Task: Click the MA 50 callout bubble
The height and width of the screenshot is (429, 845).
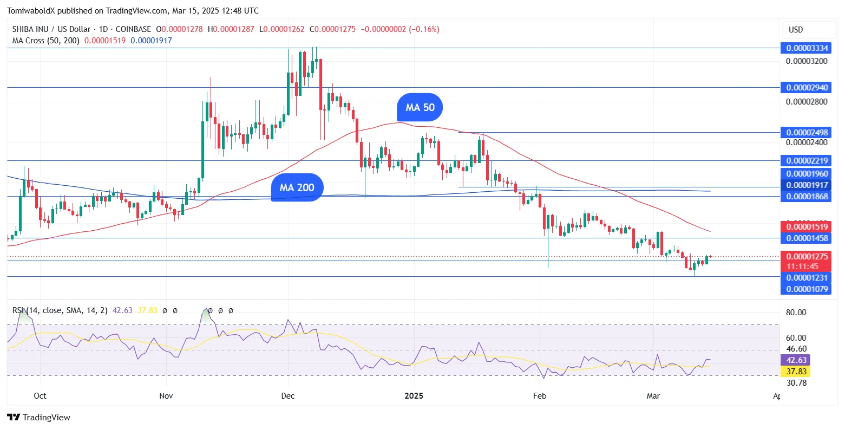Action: (x=420, y=107)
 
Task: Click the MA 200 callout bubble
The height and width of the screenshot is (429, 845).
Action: (x=297, y=187)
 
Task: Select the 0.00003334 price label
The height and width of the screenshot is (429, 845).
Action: (x=807, y=48)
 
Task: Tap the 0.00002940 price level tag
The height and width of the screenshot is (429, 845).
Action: (x=807, y=88)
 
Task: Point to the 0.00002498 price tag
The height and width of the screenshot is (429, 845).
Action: (x=807, y=133)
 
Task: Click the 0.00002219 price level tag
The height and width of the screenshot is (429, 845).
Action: (x=807, y=161)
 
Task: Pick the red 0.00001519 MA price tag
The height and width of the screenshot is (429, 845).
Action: (x=807, y=227)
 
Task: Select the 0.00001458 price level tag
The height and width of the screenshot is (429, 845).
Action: (x=807, y=238)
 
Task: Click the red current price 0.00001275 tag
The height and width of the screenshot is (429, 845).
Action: (x=807, y=257)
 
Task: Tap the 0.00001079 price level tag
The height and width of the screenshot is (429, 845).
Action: (x=807, y=289)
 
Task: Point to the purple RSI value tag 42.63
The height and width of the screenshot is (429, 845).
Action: (x=795, y=360)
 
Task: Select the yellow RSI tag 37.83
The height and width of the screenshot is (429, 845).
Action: (x=795, y=372)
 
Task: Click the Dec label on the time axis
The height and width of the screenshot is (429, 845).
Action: (x=288, y=396)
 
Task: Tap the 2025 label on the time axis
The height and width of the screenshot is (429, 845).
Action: (x=414, y=396)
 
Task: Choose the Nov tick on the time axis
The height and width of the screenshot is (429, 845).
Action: (x=166, y=396)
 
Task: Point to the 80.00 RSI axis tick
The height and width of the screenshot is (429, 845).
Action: (x=796, y=313)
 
